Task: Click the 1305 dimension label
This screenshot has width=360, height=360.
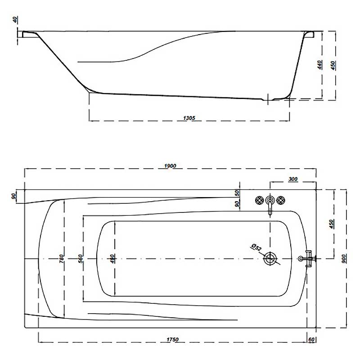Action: (x=189, y=118)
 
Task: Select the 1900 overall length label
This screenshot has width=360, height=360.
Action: (x=170, y=166)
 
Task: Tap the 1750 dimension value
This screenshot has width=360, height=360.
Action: (x=172, y=340)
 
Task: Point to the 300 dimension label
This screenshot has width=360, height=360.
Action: (x=293, y=179)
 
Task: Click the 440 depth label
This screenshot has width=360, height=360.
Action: (x=319, y=65)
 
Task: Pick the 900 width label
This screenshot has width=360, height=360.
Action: (x=344, y=259)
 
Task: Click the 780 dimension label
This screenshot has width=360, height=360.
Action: (x=62, y=259)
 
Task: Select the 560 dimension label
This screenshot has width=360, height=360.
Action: (x=81, y=259)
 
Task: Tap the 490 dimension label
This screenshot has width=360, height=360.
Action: (x=112, y=259)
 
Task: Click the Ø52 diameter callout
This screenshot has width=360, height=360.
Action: (x=256, y=248)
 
